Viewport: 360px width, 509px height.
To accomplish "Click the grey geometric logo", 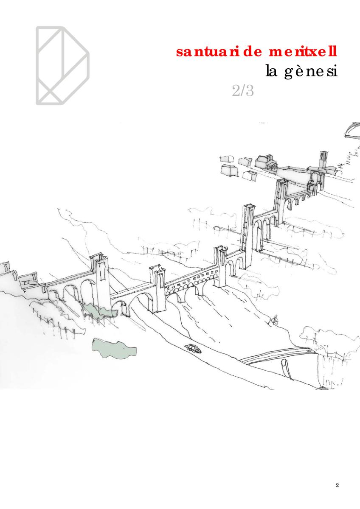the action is (x=62, y=66).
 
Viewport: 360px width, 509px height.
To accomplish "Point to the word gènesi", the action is (x=311, y=71).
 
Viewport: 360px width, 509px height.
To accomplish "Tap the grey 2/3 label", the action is (x=243, y=91).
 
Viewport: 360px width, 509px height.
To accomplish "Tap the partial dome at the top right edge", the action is (x=353, y=130).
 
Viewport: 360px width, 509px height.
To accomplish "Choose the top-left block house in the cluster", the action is (x=227, y=159).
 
